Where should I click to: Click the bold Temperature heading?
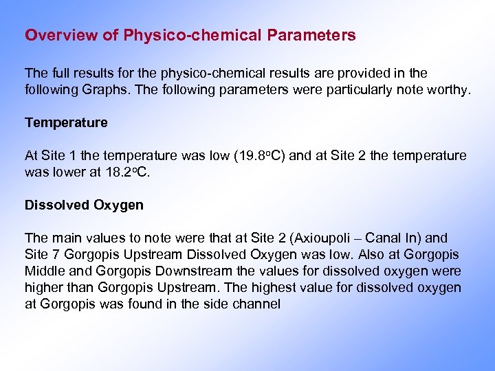(66, 123)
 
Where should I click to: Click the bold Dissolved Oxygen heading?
(84, 205)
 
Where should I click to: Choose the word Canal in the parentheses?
(384, 238)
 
